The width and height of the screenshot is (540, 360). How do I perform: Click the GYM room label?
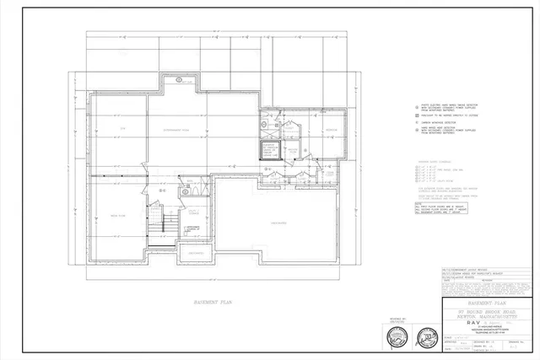click(121, 127)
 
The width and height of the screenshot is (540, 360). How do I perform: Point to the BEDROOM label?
click(332, 131)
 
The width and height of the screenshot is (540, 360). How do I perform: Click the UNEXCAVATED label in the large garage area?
click(278, 223)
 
